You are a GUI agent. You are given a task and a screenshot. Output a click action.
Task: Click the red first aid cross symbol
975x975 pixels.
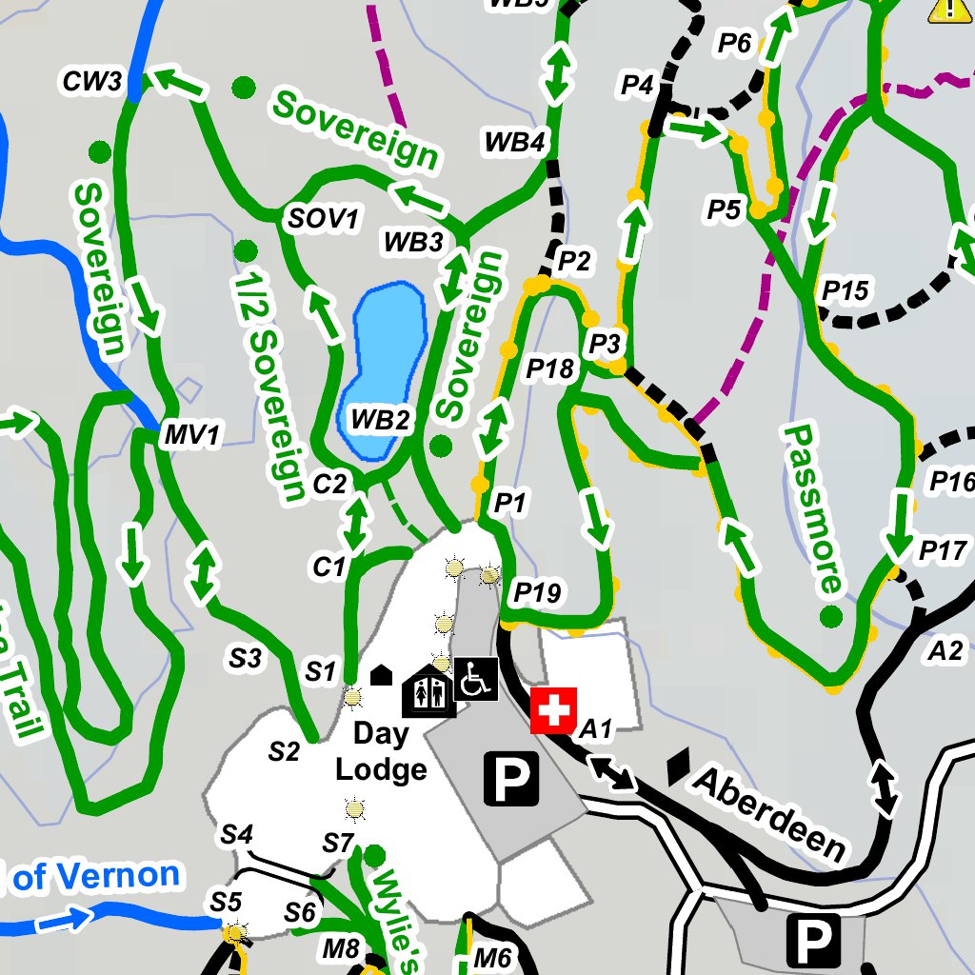coord(553,710)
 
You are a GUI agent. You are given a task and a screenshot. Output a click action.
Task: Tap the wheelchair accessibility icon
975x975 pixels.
coord(475,679)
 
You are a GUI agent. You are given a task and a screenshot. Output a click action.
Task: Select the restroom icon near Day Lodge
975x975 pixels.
coord(428,692)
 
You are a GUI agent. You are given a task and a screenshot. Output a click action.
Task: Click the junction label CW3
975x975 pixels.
coord(92,81)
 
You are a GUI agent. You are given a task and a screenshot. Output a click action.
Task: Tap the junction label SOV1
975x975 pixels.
coord(324,219)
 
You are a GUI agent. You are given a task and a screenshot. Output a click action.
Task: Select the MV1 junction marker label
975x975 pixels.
coord(191,436)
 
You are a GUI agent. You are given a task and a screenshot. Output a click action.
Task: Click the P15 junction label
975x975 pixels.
coord(846,289)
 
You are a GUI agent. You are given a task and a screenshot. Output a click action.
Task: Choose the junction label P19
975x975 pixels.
coord(537,593)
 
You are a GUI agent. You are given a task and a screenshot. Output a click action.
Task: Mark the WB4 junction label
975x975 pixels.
coord(514,143)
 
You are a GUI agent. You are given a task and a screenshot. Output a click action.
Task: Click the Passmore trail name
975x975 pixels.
coord(815,509)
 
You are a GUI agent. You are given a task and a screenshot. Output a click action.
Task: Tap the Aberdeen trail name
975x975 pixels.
coord(769,811)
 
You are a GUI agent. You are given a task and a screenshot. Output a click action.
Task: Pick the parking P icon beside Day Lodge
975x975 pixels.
coord(511,777)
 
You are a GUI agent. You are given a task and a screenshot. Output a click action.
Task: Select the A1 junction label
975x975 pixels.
coord(595,730)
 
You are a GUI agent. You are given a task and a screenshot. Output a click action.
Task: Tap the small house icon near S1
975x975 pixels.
coord(381,675)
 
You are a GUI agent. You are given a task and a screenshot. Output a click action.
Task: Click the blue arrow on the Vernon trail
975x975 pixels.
coord(64,921)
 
